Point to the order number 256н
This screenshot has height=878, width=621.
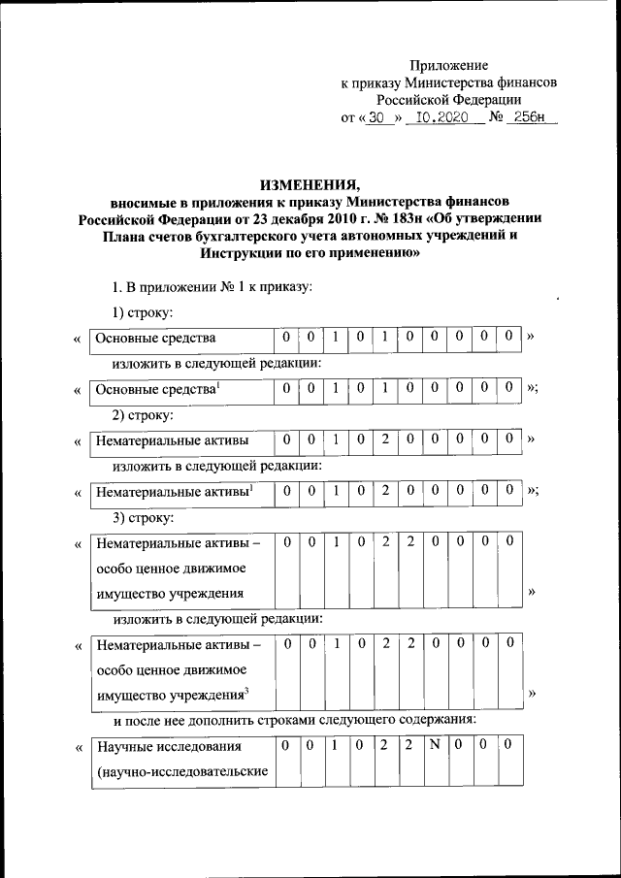click(528, 118)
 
